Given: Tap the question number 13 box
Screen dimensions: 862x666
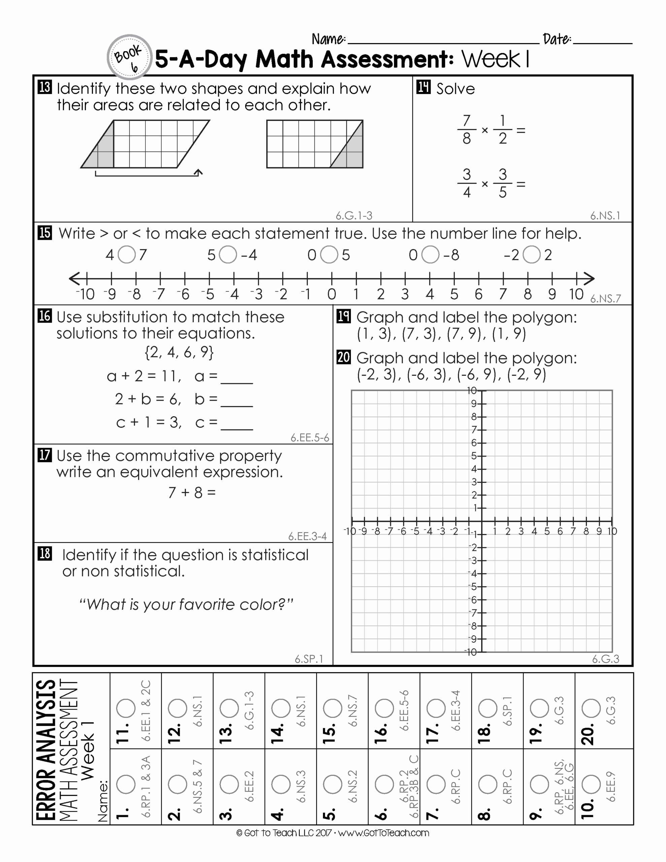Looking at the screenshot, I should tap(44, 87).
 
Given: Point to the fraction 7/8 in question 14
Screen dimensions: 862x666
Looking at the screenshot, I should tap(467, 129).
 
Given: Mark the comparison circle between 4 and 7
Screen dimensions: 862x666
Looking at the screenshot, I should tap(127, 255).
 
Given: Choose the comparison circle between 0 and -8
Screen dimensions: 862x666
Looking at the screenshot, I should tap(430, 255).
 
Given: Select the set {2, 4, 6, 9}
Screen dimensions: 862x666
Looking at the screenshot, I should tap(179, 352).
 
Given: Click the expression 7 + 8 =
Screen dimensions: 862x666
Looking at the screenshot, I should tap(192, 493).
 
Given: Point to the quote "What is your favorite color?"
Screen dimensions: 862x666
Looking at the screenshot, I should tap(186, 605).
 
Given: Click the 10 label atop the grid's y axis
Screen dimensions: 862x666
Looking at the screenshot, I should tap(472, 391).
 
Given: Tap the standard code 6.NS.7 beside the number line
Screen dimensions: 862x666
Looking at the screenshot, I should tap(605, 299).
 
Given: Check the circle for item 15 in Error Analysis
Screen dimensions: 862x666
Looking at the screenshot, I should tap(332, 708).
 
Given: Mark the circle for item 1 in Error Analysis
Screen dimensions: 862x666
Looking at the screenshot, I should tap(126, 784).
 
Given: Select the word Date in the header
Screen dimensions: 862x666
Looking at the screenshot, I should tap(557, 39).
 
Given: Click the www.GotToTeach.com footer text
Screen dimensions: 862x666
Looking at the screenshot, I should tap(383, 833).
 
